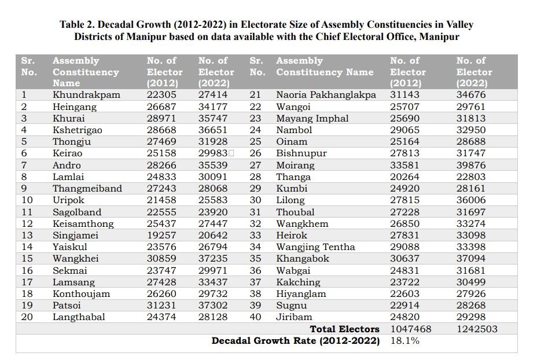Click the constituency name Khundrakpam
click(x=86, y=95)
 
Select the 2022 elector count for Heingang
click(x=213, y=106)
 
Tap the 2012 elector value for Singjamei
click(x=161, y=235)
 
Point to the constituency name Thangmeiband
click(x=87, y=188)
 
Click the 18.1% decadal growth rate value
click(x=404, y=340)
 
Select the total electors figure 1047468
click(x=411, y=329)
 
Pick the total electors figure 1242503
click(x=477, y=329)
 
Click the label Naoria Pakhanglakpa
click(x=326, y=95)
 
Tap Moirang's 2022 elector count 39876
click(x=471, y=165)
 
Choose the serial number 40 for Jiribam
click(x=255, y=317)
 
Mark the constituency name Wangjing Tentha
click(x=315, y=247)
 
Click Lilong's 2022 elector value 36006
click(x=471, y=200)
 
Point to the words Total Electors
click(x=344, y=329)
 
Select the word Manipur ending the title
click(x=439, y=36)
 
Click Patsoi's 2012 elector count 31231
click(x=161, y=305)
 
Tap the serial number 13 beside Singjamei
click(x=27, y=235)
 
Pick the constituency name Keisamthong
click(x=83, y=223)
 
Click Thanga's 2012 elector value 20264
click(x=404, y=177)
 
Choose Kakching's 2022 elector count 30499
click(x=471, y=282)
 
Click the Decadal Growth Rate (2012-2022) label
click(x=296, y=341)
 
